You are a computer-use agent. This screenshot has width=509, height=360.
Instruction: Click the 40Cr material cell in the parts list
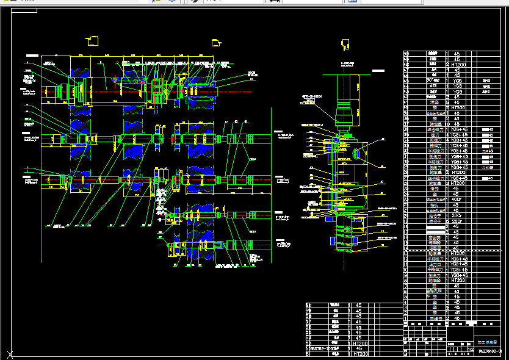(x=457, y=200)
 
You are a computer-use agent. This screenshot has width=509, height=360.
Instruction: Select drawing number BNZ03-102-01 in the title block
(x=490, y=351)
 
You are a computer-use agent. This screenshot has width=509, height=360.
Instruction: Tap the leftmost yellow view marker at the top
(x=93, y=41)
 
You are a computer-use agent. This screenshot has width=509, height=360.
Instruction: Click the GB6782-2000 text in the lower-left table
(x=324, y=348)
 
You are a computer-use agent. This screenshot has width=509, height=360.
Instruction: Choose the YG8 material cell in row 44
(x=457, y=92)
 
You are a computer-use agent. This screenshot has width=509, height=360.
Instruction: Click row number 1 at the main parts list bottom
(x=406, y=319)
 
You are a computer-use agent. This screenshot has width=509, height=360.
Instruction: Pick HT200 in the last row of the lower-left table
(x=361, y=354)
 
